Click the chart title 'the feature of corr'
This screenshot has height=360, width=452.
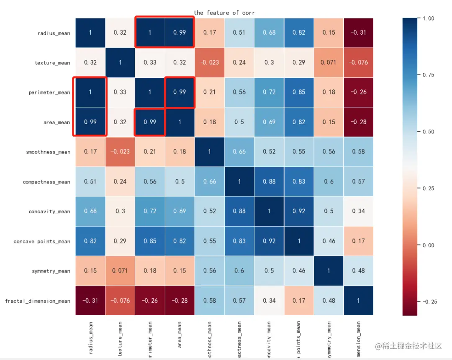[224, 13]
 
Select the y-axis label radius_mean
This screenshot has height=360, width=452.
[54, 33]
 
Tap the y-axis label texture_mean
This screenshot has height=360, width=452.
[52, 63]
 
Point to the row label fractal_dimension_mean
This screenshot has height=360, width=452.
[38, 301]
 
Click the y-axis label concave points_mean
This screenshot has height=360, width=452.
[42, 242]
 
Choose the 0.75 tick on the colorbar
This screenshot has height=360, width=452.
[428, 75]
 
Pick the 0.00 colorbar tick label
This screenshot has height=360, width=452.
[428, 245]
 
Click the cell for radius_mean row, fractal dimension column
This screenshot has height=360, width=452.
[359, 33]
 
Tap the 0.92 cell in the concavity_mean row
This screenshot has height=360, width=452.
[299, 212]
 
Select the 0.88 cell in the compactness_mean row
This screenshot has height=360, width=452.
[269, 181]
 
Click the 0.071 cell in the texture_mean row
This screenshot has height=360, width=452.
[329, 62]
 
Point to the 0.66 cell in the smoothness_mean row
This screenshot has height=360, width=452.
[239, 152]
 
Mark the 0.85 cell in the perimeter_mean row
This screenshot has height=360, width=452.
[299, 92]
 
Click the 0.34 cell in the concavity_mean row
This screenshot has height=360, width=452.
[359, 212]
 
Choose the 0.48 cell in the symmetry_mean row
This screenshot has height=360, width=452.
[359, 271]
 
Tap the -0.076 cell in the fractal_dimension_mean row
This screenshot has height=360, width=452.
[120, 301]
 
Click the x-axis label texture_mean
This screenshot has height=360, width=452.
[121, 339]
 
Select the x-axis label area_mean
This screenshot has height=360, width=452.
[180, 335]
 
